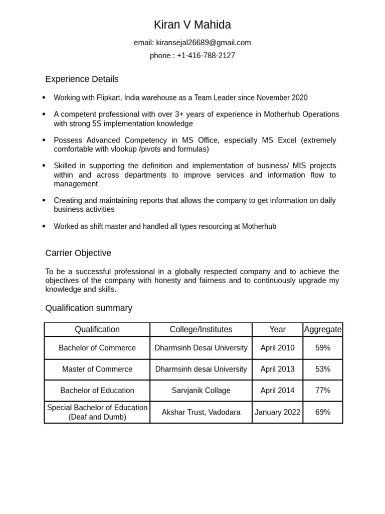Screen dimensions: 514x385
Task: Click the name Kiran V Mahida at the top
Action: click(192, 25)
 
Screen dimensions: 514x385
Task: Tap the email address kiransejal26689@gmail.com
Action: click(203, 43)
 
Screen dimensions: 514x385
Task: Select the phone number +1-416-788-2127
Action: click(206, 56)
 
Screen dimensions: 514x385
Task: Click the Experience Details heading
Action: click(82, 79)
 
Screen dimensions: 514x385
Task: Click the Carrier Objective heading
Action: click(78, 253)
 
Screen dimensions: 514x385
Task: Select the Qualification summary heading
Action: click(89, 308)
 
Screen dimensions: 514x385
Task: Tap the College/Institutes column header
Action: click(201, 330)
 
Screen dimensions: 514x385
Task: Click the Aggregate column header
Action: click(323, 330)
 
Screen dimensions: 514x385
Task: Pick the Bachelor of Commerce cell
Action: click(97, 348)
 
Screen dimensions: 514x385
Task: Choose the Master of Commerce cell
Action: click(97, 369)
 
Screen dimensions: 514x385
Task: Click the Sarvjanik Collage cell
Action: click(201, 391)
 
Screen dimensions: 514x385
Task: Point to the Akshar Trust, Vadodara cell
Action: click(201, 413)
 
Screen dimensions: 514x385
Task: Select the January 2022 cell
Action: click(277, 413)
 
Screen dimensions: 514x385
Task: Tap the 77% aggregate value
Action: click(323, 391)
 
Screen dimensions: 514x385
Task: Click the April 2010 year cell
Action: click(277, 348)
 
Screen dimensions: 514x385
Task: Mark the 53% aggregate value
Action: click(323, 369)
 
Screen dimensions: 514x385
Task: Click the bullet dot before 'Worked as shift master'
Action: click(44, 226)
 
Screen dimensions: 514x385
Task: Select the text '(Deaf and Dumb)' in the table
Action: click(97, 417)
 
